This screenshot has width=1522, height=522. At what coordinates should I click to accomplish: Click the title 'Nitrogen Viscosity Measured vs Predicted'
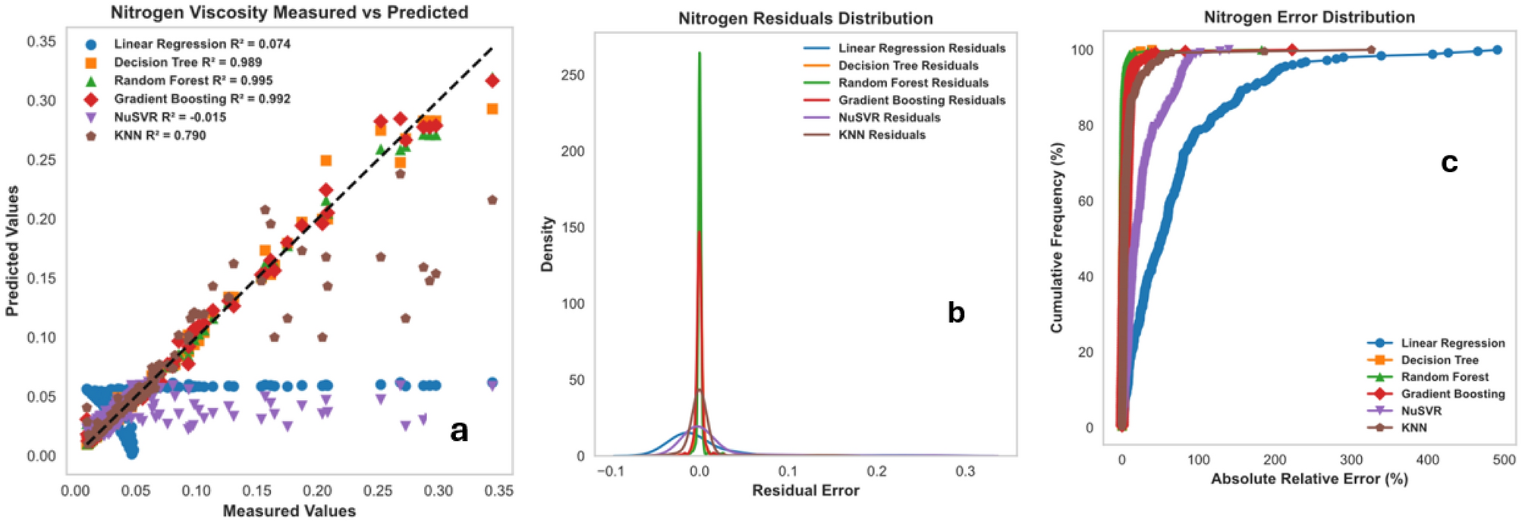(289, 12)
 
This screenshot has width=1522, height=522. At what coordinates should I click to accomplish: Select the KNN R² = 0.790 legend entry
(159, 136)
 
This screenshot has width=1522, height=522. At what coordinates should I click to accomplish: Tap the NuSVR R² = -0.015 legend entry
(169, 118)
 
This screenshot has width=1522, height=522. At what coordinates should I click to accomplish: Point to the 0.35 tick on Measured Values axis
(498, 491)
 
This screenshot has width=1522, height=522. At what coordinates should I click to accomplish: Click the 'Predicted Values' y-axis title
(11, 250)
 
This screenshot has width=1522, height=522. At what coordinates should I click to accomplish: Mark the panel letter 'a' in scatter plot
(458, 430)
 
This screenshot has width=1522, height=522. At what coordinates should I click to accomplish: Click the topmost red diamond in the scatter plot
(492, 81)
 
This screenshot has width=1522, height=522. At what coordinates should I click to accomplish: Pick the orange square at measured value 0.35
(492, 109)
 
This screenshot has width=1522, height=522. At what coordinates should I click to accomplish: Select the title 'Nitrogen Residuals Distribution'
(805, 18)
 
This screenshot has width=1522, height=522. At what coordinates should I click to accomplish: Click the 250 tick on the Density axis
(573, 75)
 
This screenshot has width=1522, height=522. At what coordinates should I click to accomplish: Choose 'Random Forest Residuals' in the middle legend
(913, 83)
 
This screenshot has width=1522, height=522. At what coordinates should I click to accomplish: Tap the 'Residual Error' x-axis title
(805, 491)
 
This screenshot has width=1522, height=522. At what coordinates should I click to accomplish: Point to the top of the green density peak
(700, 53)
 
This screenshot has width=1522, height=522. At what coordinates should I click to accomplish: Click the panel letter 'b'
(956, 313)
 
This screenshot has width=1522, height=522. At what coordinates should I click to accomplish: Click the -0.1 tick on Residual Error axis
(610, 471)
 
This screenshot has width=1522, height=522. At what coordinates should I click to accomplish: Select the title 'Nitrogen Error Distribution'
(1309, 17)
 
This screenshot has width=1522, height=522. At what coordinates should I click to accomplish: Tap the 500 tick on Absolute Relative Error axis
(1504, 460)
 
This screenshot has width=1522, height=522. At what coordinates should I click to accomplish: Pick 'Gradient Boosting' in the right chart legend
(1452, 394)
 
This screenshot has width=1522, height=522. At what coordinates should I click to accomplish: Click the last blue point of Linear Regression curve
(1497, 50)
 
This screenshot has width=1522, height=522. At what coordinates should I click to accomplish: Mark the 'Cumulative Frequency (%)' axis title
(1057, 237)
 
